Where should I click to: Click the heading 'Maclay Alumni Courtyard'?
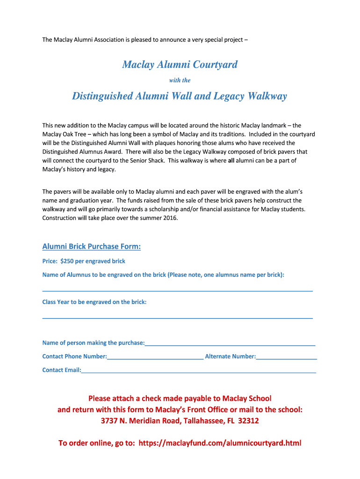pyautogui.click(x=180, y=65)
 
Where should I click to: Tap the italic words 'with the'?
pyautogui.click(x=180, y=80)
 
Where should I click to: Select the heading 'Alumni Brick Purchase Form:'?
pyautogui.click(x=92, y=246)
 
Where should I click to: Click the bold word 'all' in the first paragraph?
pyautogui.click(x=231, y=160)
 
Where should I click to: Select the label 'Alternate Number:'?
pyautogui.click(x=230, y=356)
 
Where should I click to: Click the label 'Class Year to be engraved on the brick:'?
pyautogui.click(x=94, y=302)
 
